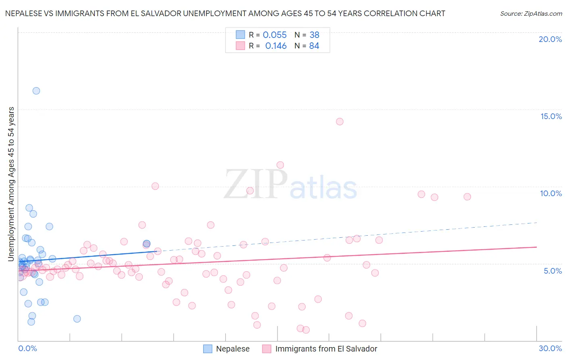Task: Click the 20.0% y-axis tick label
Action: pyautogui.click(x=550, y=39)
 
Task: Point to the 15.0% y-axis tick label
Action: pyautogui.click(x=551, y=116)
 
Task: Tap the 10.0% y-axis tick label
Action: pyautogui.click(x=551, y=193)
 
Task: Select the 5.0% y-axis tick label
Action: pyautogui.click(x=552, y=271)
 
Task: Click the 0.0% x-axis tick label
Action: pyautogui.click(x=27, y=348)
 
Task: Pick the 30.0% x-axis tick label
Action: pyautogui.click(x=550, y=348)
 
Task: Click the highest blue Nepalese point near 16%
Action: pyautogui.click(x=36, y=91)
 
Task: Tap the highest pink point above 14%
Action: pyautogui.click(x=340, y=121)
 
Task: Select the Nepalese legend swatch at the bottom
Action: pyautogui.click(x=208, y=349)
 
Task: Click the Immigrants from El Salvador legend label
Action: pyautogui.click(x=326, y=349)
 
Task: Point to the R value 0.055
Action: pyautogui.click(x=275, y=35)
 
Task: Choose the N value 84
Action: pyautogui.click(x=314, y=46)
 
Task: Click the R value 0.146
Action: pyautogui.click(x=276, y=46)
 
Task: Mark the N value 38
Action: pyautogui.click(x=314, y=35)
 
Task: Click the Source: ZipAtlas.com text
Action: pyautogui.click(x=531, y=14)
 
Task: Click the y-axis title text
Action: pyautogui.click(x=11, y=184)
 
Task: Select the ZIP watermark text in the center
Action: pyautogui.click(x=256, y=184)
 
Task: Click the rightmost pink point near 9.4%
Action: pyautogui.click(x=467, y=197)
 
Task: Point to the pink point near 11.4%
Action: pyautogui.click(x=280, y=165)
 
